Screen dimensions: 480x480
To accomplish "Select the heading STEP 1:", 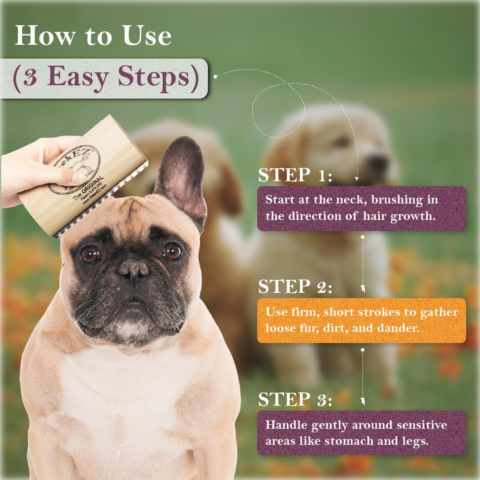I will tap(295, 175).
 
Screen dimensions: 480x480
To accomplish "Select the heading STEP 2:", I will tap(295, 287).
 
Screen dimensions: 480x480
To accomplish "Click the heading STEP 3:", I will tap(295, 399).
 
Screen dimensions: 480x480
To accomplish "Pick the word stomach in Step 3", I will tap(349, 441).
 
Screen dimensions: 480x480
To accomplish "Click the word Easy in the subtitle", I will tap(78, 77).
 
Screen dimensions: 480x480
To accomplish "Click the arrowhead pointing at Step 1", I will tap(357, 178).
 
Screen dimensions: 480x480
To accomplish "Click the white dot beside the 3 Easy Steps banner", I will tap(215, 77).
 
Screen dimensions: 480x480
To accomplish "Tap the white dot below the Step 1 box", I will tap(362, 237).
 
